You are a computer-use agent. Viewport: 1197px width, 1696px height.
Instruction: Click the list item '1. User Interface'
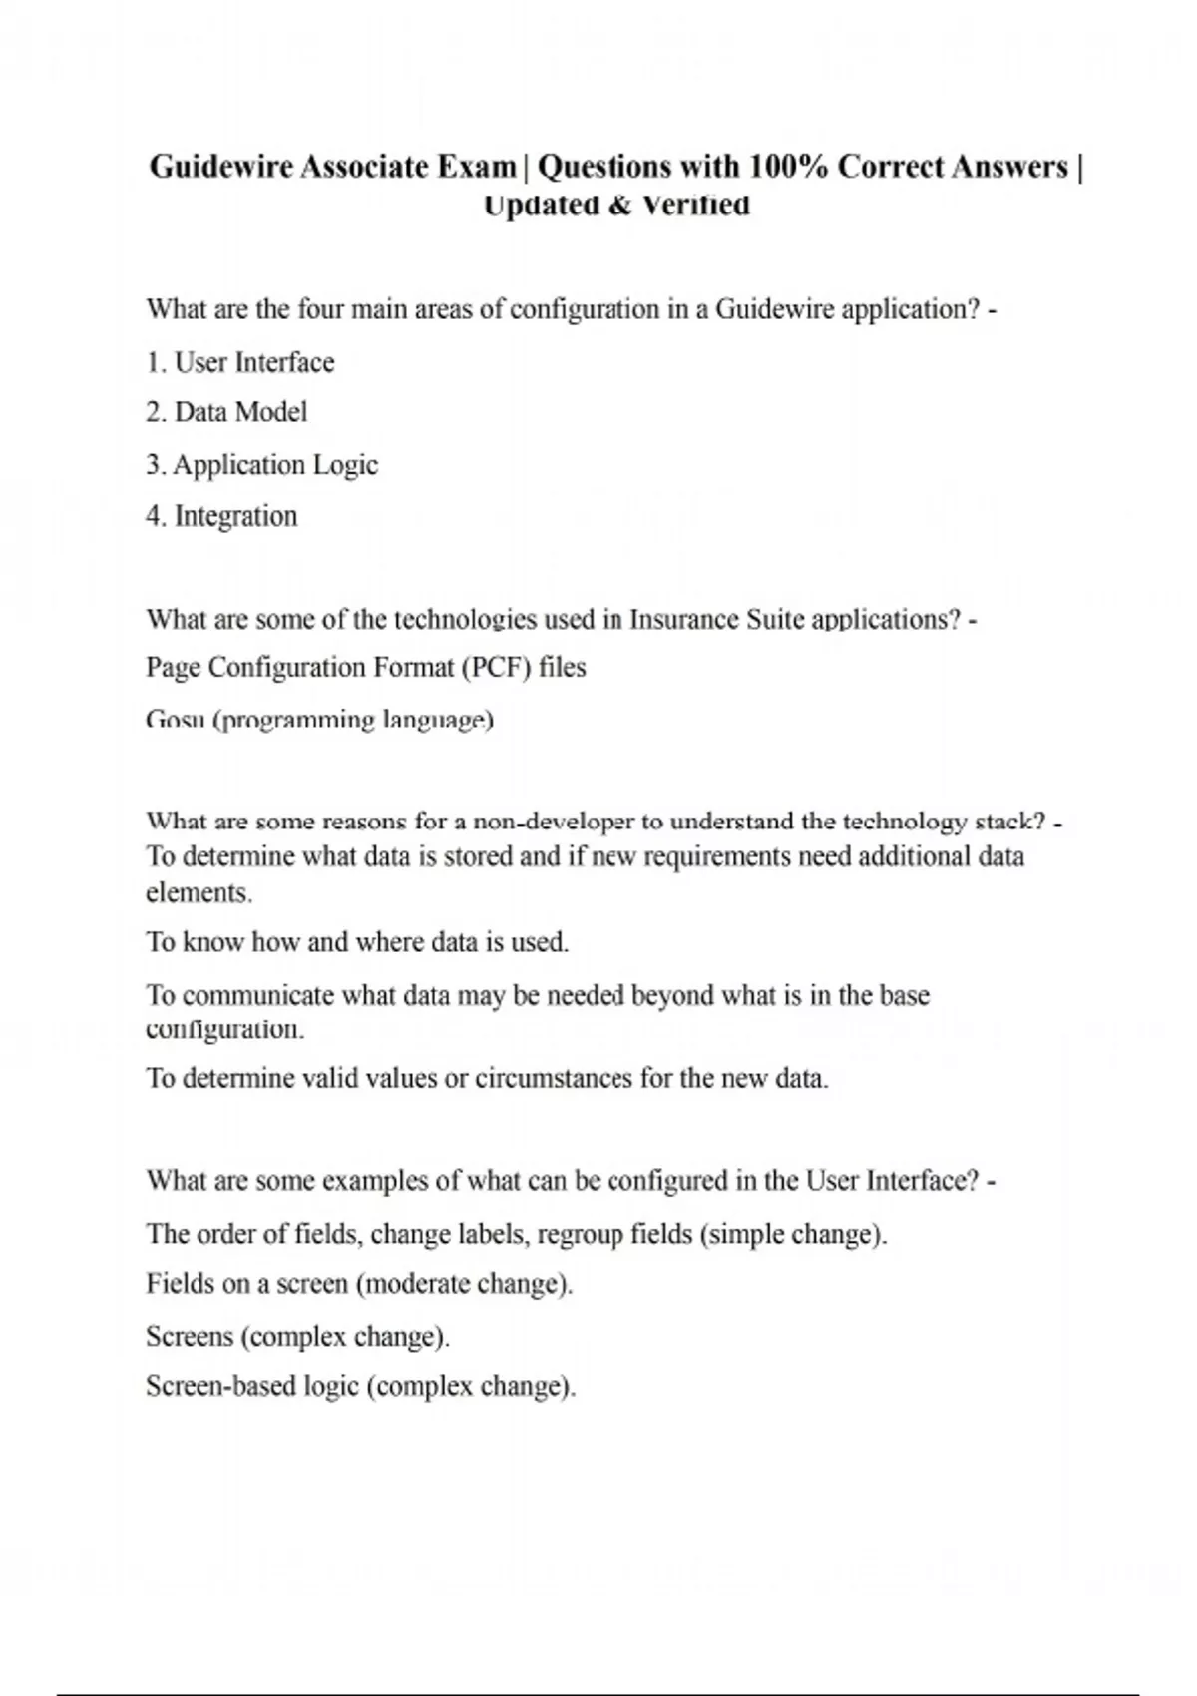pos(240,362)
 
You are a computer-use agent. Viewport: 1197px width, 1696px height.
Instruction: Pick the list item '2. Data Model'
pos(226,412)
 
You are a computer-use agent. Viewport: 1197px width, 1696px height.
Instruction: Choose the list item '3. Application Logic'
pos(262,465)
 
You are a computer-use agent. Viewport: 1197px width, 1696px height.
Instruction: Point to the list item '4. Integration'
pos(221,516)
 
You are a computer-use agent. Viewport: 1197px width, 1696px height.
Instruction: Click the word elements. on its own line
pos(199,892)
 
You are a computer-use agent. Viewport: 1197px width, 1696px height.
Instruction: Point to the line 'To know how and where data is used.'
pos(357,942)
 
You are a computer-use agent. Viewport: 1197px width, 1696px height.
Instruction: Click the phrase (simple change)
pos(793,1234)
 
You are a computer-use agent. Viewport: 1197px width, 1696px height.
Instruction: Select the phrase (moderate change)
pos(464,1284)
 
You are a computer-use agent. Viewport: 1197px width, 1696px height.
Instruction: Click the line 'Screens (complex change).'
pos(297,1337)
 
